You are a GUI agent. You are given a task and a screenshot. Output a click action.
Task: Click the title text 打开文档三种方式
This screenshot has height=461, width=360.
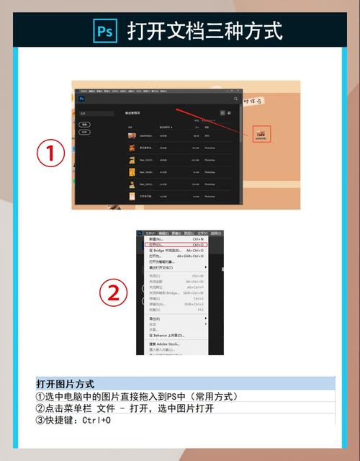[204, 31]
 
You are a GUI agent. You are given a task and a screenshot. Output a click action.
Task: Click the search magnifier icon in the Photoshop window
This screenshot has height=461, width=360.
[236, 99]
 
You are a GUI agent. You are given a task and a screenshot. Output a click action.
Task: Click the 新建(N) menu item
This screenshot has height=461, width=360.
[156, 239]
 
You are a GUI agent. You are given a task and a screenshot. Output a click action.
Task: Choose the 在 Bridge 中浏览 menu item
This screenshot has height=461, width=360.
[166, 250]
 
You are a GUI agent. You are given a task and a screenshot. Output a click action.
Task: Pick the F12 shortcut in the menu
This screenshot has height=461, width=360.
[200, 310]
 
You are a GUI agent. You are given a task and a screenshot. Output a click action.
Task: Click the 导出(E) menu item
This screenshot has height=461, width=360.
[155, 318]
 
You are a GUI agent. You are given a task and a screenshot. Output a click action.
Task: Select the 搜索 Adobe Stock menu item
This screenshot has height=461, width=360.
[165, 344]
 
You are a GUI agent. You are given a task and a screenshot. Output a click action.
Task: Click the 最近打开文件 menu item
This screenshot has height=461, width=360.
[161, 267]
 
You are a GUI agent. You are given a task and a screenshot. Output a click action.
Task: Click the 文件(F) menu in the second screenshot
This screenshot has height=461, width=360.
[150, 233]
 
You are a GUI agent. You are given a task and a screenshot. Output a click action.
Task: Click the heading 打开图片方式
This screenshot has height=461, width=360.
[66, 384]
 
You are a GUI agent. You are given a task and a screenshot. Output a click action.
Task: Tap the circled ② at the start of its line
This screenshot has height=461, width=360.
[40, 408]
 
